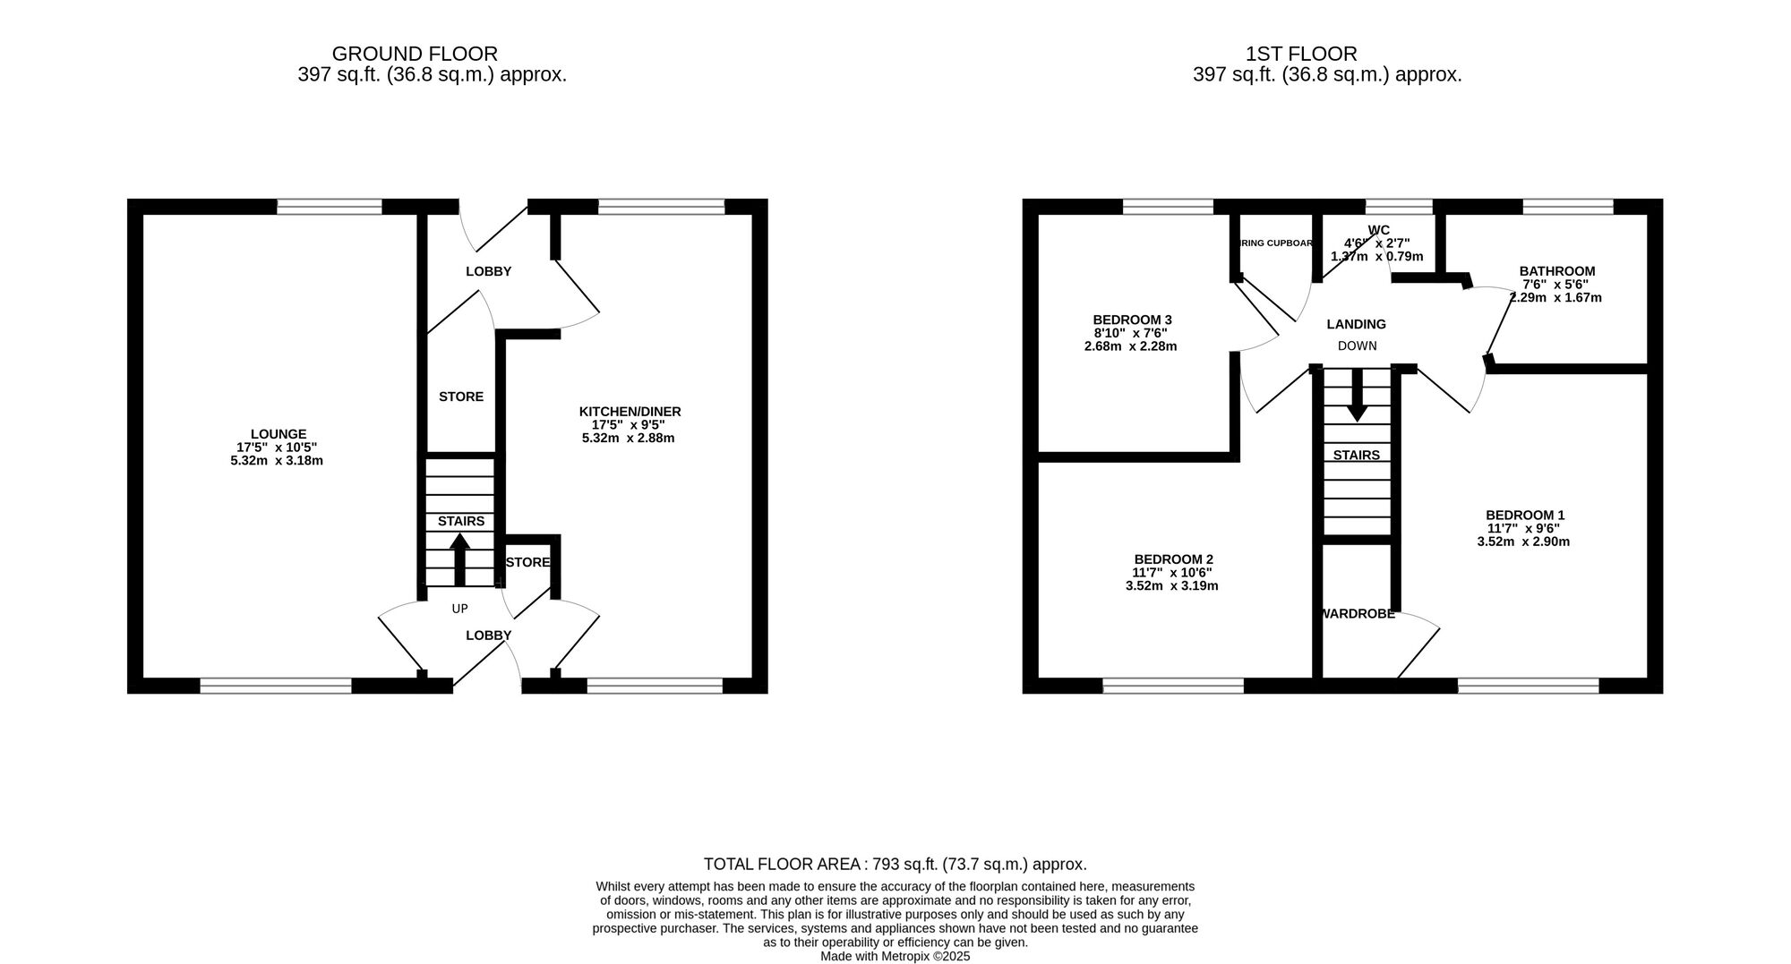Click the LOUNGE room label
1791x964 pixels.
(x=278, y=434)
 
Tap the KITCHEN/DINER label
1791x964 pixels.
(x=630, y=412)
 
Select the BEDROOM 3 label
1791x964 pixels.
(x=1132, y=320)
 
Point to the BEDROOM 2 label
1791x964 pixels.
(x=1172, y=559)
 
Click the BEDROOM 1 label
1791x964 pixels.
(x=1524, y=515)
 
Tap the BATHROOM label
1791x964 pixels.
(x=1556, y=271)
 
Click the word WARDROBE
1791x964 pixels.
(x=1358, y=614)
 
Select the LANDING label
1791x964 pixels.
(x=1356, y=324)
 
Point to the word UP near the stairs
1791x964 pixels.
(x=459, y=609)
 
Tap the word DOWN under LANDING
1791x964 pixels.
(x=1357, y=346)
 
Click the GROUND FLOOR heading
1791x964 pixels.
(x=415, y=54)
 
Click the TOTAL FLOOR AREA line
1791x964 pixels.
(x=895, y=864)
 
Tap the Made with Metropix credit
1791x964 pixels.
(x=895, y=956)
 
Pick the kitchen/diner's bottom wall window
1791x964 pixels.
(x=655, y=686)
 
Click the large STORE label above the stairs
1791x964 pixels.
(x=460, y=397)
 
